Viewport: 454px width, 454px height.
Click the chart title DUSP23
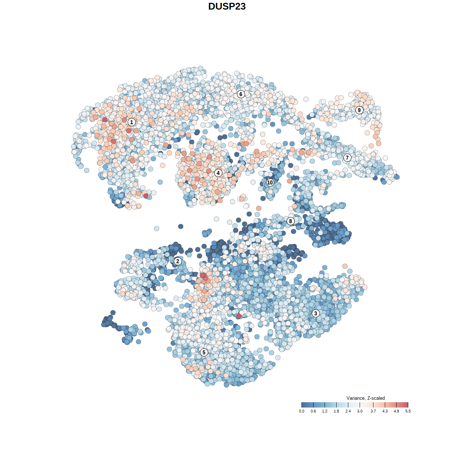(227, 6)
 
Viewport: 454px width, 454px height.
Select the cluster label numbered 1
(132, 122)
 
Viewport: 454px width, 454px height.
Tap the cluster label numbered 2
(178, 261)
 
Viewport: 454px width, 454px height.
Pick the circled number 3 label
(316, 313)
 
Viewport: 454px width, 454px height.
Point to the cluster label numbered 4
(218, 173)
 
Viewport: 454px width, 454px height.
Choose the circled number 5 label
(204, 352)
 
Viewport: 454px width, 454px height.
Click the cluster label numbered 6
(241, 94)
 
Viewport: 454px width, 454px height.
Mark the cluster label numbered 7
(347, 158)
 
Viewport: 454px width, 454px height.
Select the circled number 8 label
(290, 221)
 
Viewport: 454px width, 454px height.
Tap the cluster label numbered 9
(359, 110)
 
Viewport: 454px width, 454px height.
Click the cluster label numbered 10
(270, 182)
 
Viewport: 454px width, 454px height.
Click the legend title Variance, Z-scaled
(365, 398)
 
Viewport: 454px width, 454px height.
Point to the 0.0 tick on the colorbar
(301, 411)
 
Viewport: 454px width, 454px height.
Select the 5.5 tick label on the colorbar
(408, 411)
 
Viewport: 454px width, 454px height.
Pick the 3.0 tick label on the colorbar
(360, 411)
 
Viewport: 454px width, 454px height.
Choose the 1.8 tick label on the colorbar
(336, 411)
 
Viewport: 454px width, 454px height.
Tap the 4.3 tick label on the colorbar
(385, 411)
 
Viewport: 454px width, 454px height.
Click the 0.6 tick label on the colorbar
(313, 411)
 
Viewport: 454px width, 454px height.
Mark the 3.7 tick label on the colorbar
(373, 411)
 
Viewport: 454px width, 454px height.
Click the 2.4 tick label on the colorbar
(348, 411)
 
